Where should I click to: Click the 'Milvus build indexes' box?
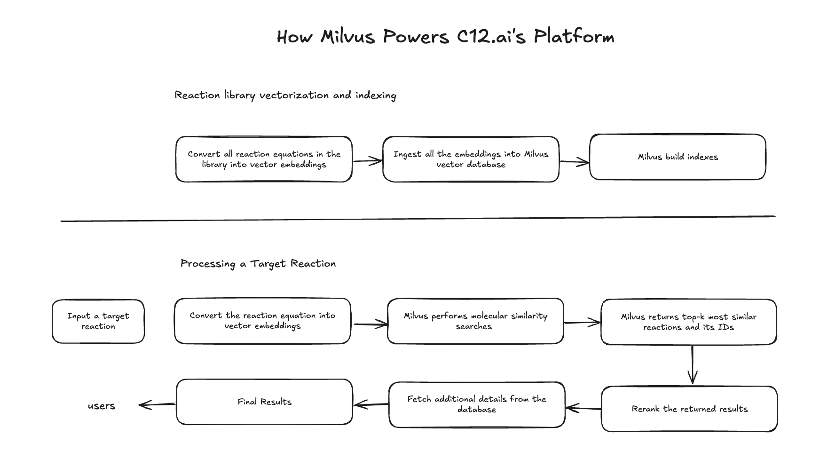678,157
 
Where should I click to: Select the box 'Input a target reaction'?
98,321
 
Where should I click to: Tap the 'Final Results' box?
264,402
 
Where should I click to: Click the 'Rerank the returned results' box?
689,409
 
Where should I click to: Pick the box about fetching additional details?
477,404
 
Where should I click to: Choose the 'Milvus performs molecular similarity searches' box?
475,321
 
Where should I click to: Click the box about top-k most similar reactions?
688,322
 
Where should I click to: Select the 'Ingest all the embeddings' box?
471,159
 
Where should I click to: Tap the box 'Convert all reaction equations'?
264,159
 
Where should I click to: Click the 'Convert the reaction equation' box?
262,321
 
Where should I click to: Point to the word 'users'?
101,406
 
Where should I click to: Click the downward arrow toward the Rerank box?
692,365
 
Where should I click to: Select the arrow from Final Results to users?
157,404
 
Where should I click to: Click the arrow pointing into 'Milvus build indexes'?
574,162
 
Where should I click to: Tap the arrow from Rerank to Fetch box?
583,408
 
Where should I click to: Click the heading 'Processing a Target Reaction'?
258,264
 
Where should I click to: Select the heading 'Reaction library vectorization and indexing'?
285,95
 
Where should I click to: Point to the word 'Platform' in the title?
574,37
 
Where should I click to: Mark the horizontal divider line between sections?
418,219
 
